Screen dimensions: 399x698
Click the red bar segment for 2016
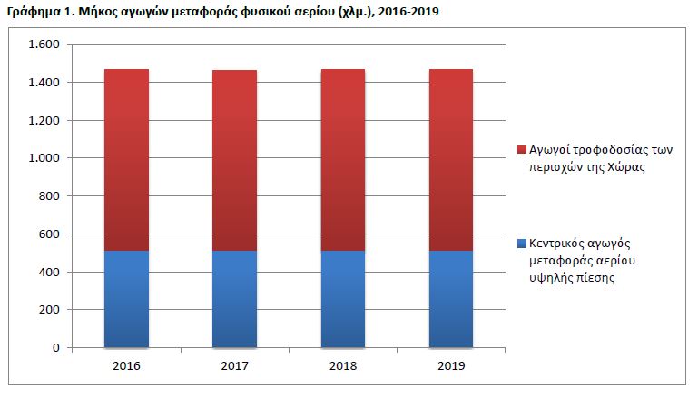(126, 160)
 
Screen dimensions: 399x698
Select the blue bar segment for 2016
(126, 299)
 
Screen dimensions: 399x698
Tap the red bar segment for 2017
(234, 160)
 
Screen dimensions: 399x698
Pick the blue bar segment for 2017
(234, 299)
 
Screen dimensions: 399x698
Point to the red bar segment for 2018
(343, 160)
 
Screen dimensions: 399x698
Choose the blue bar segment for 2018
(343, 299)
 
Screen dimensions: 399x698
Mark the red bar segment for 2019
(451, 160)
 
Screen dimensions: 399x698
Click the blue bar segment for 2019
(451, 299)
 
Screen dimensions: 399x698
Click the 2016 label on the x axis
(126, 366)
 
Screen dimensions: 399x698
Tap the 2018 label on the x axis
(343, 366)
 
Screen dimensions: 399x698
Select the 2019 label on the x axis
(451, 366)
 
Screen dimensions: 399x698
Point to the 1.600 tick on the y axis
(44, 45)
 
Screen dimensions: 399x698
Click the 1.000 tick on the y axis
(44, 158)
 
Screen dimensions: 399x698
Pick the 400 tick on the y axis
(49, 272)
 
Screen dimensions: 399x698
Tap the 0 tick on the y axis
(57, 348)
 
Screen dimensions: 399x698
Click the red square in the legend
(521, 149)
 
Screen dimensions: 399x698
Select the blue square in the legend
(521, 244)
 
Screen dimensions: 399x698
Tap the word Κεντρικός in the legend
(559, 244)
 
